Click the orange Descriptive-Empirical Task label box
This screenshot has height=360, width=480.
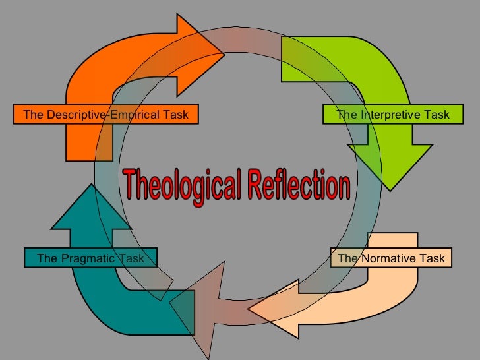click(105, 115)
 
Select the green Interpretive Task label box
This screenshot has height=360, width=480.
click(392, 115)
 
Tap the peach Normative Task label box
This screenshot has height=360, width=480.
click(392, 258)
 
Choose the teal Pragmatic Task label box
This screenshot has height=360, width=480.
click(90, 258)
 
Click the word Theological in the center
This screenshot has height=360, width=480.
click(181, 185)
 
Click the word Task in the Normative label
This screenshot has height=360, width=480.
click(431, 258)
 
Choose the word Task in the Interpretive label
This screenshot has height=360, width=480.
click(435, 115)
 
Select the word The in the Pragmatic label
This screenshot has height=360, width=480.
click(47, 258)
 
